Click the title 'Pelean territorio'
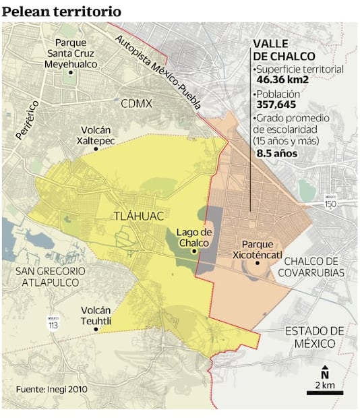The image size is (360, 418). (x=62, y=11)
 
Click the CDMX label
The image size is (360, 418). (x=137, y=104)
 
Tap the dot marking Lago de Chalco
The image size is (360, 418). (x=194, y=251)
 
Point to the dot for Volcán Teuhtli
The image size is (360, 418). (x=96, y=330)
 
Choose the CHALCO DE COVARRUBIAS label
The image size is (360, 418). (x=314, y=267)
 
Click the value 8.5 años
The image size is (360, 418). (x=277, y=153)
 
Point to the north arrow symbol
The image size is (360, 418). (x=324, y=372)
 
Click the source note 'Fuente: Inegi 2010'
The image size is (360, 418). (x=53, y=389)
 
